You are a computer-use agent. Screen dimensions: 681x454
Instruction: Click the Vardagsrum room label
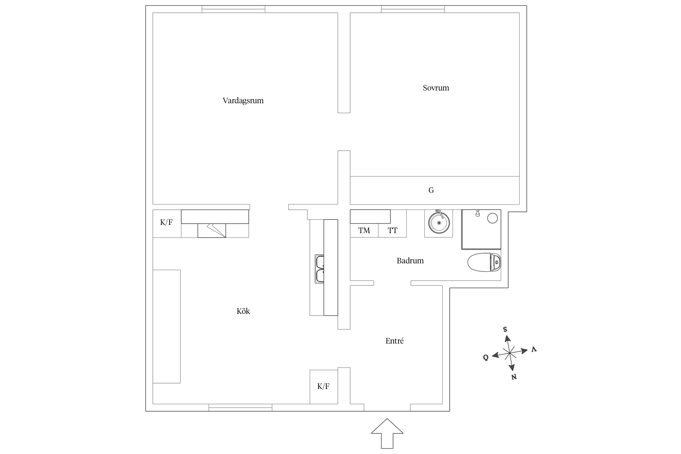(x=243, y=100)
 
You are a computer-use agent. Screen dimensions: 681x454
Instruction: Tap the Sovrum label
(x=436, y=88)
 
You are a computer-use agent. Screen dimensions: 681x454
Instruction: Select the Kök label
(x=243, y=311)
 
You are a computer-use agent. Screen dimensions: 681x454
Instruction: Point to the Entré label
(x=394, y=341)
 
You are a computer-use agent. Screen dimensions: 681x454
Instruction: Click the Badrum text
(x=410, y=261)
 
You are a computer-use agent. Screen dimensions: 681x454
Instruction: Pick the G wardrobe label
(x=431, y=190)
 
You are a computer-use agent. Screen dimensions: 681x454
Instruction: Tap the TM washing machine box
(x=364, y=231)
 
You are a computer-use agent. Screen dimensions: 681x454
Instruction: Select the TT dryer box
(x=392, y=231)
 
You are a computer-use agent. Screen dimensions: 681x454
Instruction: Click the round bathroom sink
(x=439, y=222)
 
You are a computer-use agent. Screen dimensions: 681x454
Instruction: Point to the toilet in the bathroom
(x=484, y=262)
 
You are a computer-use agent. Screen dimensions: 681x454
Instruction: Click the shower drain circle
(x=492, y=218)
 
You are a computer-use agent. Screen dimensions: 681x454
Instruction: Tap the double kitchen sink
(x=320, y=269)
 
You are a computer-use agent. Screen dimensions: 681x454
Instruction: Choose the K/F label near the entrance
(x=323, y=386)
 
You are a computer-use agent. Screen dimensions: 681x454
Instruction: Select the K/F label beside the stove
(x=166, y=222)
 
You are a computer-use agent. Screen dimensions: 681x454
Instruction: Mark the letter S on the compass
(x=505, y=329)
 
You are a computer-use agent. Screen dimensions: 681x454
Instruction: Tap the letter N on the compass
(x=514, y=377)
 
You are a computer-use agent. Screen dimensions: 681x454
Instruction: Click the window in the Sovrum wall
(x=413, y=9)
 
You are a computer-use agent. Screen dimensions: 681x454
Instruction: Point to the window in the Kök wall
(x=240, y=407)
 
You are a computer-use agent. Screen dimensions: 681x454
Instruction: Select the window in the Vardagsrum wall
(x=233, y=9)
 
